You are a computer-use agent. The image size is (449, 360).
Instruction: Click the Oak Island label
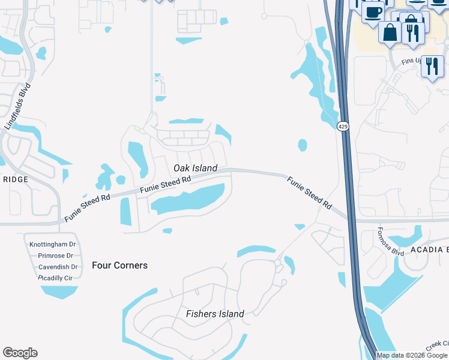tap(195, 169)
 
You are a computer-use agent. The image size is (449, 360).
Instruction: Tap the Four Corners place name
tap(119, 265)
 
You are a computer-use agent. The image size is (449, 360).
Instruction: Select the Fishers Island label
tap(215, 314)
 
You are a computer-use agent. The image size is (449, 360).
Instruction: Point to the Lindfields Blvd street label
tap(17, 106)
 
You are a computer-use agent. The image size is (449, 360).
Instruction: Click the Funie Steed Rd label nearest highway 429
tap(309, 192)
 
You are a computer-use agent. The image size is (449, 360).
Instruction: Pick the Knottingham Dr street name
tap(52, 244)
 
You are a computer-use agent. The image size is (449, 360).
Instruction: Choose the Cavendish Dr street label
tap(58, 267)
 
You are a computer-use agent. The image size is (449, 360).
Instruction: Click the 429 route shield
tap(342, 126)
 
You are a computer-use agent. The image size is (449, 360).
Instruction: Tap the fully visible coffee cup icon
tap(373, 12)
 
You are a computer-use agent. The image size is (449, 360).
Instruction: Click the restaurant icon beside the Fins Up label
tap(432, 66)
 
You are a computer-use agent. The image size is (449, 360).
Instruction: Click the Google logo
tap(20, 353)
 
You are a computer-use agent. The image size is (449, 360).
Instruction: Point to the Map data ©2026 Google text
tap(412, 355)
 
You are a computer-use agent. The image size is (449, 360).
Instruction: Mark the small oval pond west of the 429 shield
tap(302, 145)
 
